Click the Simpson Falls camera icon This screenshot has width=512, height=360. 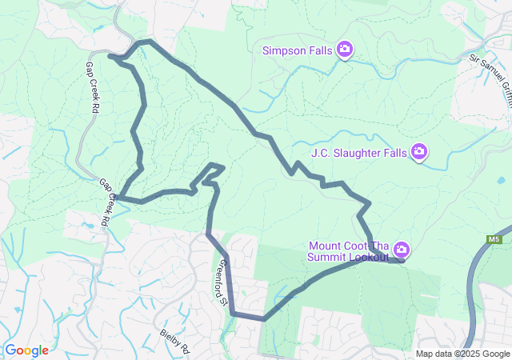(x=344, y=50)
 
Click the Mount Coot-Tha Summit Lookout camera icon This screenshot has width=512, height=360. (x=401, y=250)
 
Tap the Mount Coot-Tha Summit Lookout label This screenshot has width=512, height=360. (x=348, y=251)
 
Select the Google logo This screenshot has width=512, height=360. (x=26, y=350)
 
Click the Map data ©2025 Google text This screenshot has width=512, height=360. (x=462, y=354)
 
